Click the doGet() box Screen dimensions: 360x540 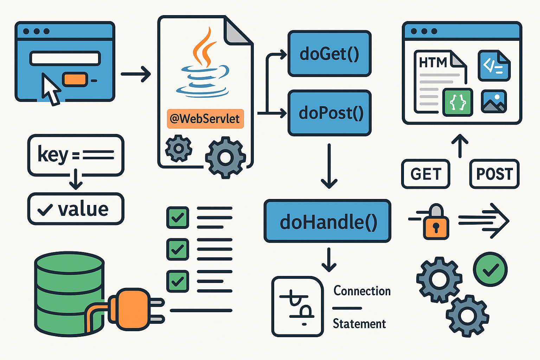(329, 54)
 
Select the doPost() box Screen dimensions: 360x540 (329, 113)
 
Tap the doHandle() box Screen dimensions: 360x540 (327, 221)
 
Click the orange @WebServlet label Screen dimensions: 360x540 (205, 119)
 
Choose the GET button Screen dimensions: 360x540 (425, 174)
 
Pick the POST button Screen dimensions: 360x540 (494, 174)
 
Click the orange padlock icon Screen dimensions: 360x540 (436, 223)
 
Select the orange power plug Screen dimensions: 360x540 (132, 309)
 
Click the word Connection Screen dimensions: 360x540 (362, 291)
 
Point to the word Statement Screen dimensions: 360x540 (359, 324)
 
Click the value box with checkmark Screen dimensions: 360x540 (76, 209)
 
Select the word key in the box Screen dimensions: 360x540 (53, 155)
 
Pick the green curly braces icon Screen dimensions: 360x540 (458, 102)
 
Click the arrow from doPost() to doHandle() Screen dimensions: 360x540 (329, 165)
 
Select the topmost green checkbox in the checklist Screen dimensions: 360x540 (178, 218)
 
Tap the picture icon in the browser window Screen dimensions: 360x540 (494, 102)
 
